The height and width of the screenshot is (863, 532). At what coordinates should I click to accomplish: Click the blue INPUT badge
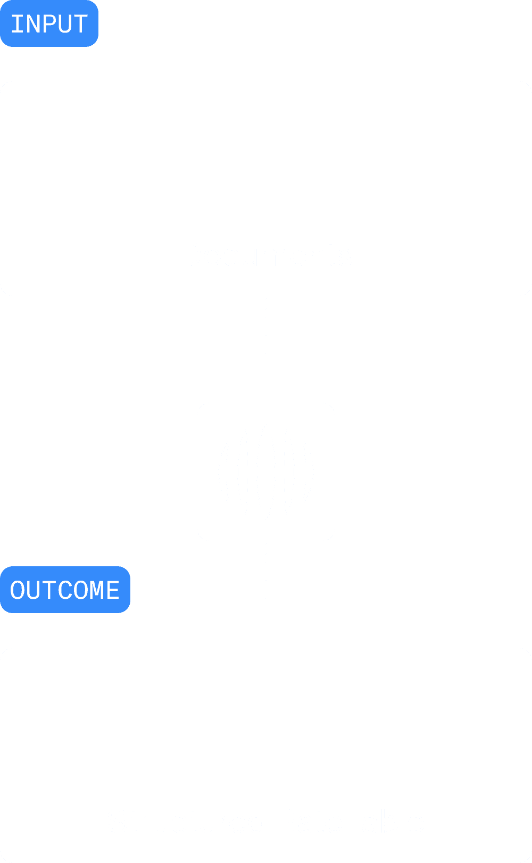coord(49,23)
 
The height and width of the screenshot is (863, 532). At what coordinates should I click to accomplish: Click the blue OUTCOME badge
coord(65,590)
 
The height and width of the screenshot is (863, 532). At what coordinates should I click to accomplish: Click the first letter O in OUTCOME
coord(18,590)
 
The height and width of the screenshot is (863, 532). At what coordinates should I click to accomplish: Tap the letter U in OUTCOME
coord(34,590)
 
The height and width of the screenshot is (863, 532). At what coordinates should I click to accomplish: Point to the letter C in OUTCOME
coord(65,590)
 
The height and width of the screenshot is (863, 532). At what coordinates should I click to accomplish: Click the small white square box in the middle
coord(266,472)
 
